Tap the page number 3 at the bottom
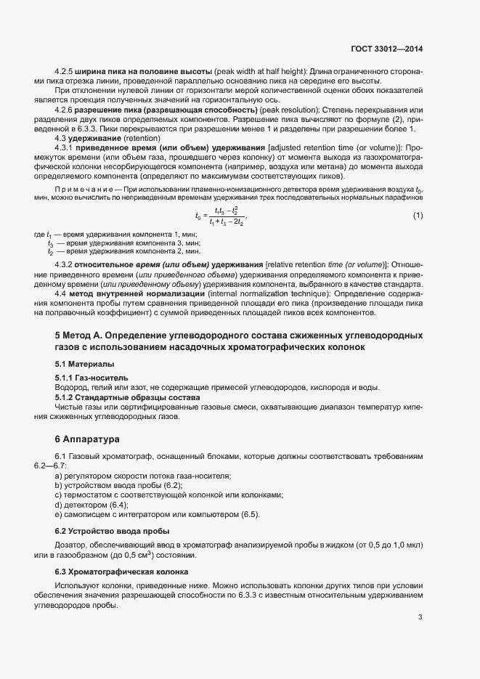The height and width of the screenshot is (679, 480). click(x=420, y=617)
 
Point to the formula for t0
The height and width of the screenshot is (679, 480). click(x=221, y=216)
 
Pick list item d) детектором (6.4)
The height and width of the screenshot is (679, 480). click(x=91, y=505)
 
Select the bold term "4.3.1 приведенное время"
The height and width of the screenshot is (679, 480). click(x=123, y=147)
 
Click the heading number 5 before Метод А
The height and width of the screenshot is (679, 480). click(x=58, y=336)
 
